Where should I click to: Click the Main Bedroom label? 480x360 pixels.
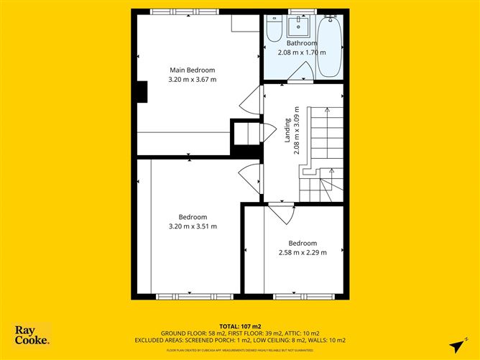[192, 70]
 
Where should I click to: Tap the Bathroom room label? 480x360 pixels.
[301, 43]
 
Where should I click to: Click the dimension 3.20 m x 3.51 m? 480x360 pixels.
[192, 226]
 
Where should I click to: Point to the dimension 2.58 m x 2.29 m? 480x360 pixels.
[302, 252]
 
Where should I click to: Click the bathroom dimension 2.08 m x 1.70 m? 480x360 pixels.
[301, 52]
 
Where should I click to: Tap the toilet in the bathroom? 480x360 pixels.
[274, 29]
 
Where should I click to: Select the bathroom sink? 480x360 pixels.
[297, 27]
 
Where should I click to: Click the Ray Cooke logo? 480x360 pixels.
[32, 335]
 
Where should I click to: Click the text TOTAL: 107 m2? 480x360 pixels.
[240, 326]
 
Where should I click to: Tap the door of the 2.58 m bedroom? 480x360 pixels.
[281, 213]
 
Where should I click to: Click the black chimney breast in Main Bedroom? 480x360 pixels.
[142, 93]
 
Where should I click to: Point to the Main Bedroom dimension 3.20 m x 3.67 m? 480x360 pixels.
[192, 79]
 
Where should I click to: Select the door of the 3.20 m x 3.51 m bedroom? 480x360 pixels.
[251, 175]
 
